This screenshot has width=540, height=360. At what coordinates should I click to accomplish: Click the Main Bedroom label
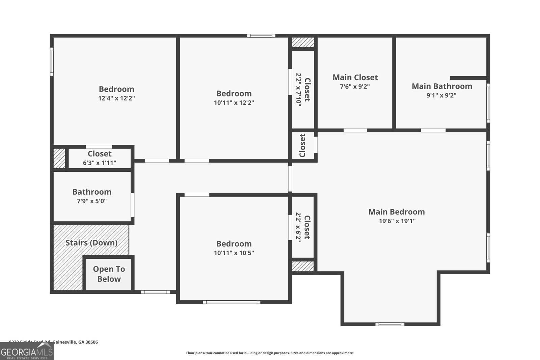[x=396, y=212]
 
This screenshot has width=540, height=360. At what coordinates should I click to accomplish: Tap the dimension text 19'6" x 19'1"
[x=397, y=221]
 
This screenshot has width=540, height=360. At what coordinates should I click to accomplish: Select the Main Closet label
[x=355, y=77]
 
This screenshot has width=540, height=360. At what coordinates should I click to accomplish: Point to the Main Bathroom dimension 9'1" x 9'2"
[x=441, y=95]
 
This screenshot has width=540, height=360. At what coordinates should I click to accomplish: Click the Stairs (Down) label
[x=91, y=243]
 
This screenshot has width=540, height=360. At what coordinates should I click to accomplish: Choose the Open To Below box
[x=109, y=274]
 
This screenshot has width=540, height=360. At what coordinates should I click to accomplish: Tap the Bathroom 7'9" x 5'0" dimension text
[x=91, y=201]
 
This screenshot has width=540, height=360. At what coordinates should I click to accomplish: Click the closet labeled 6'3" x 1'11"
[x=100, y=158]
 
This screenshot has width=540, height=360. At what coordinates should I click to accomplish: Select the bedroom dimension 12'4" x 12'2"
[x=116, y=98]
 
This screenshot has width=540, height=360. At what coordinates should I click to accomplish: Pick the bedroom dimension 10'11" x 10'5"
[x=234, y=253]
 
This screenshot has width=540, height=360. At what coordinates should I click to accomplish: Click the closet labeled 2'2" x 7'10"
[x=303, y=90]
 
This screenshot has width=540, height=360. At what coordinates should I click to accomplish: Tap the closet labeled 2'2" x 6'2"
[x=303, y=227]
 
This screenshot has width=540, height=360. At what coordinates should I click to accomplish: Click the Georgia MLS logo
[x=27, y=351]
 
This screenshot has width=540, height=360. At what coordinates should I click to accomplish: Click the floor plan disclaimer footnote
[x=270, y=353]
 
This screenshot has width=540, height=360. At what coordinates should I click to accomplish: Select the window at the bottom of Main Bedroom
[x=390, y=324]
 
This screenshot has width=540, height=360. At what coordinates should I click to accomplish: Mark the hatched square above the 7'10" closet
[x=303, y=42]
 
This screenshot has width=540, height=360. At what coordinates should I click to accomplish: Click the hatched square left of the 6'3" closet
[x=59, y=158]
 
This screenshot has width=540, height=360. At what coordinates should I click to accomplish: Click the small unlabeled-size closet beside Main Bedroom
[x=303, y=145]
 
